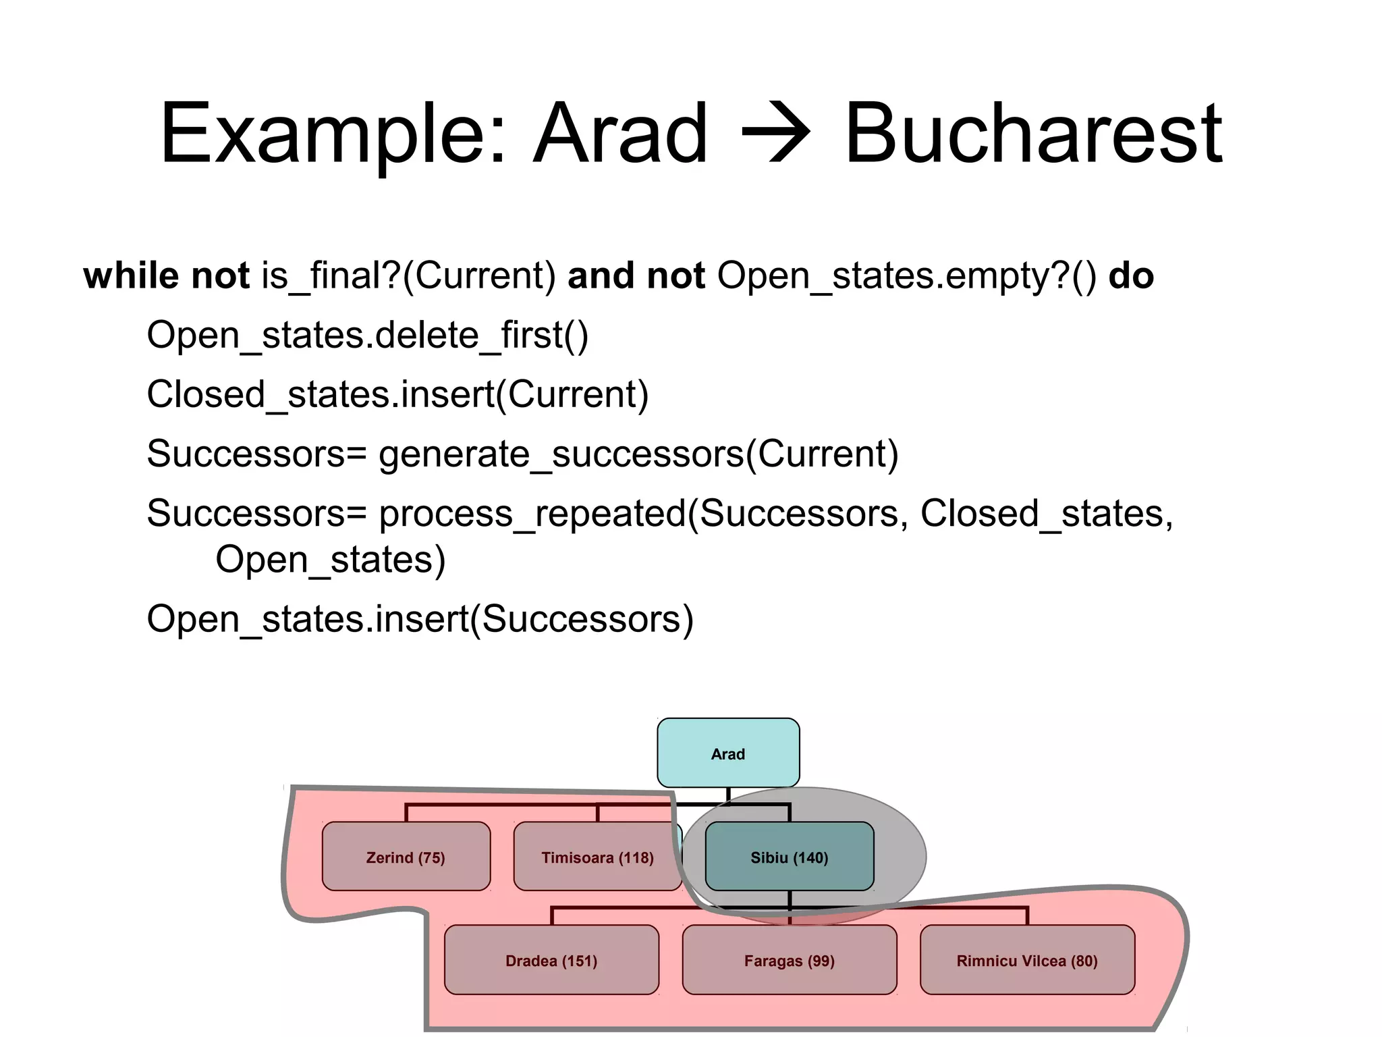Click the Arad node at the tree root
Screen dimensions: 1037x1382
[x=728, y=753]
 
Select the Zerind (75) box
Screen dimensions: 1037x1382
[x=406, y=857]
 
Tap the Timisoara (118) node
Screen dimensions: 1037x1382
[x=597, y=857]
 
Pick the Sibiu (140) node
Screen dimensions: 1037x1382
[x=789, y=857]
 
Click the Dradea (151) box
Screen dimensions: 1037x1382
[x=551, y=960]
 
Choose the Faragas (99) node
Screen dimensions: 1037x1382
[x=789, y=960]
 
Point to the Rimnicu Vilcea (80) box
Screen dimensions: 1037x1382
[x=1027, y=960]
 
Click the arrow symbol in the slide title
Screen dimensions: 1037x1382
[x=775, y=133]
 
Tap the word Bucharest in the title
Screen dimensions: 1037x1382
[x=1032, y=133]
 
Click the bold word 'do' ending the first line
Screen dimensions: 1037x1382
[x=1131, y=275]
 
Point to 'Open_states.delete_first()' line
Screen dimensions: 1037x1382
[x=368, y=335]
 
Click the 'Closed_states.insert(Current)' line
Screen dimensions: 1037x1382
[x=397, y=394]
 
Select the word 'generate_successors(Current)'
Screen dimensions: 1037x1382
[x=638, y=454]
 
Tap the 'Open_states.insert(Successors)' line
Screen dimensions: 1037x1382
[x=420, y=618]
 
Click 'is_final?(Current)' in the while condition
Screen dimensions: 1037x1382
[x=408, y=275]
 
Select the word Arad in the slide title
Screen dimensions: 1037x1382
[x=620, y=133]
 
